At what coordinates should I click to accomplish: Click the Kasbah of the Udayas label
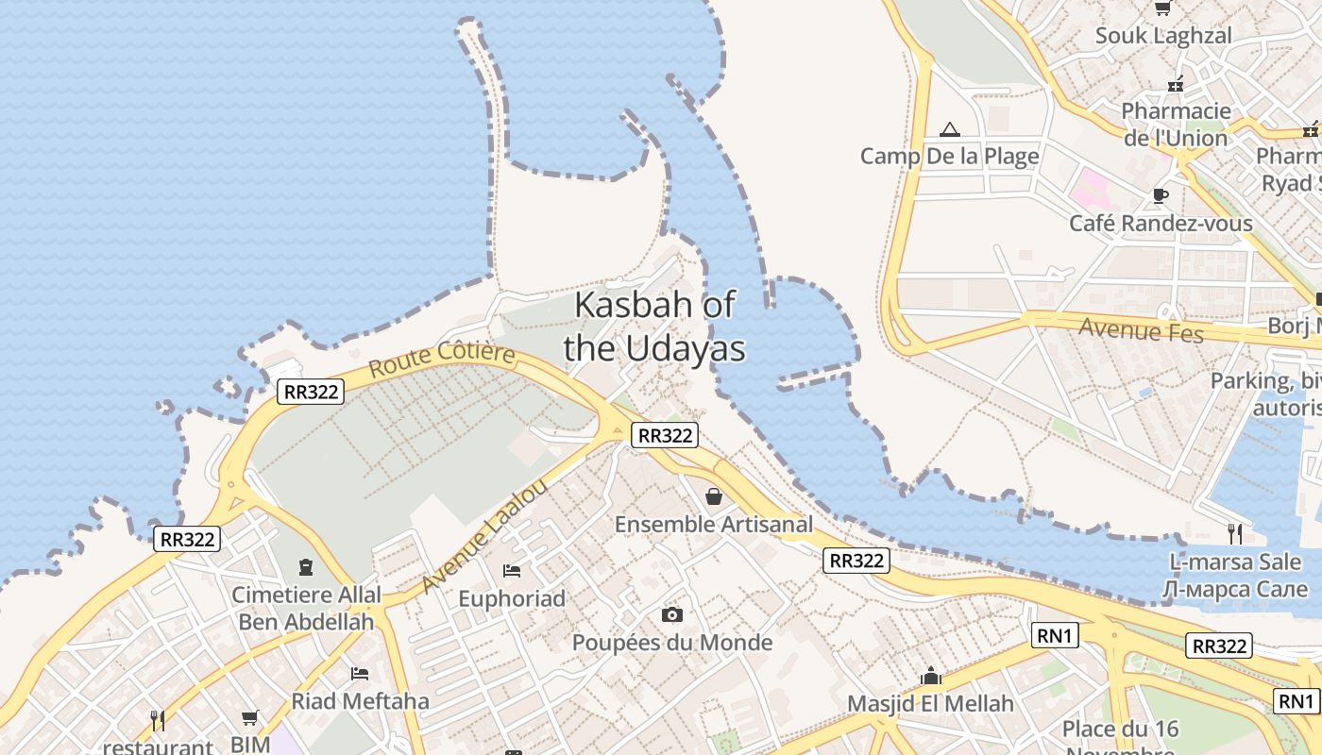[x=654, y=327]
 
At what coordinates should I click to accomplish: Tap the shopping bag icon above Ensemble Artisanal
[x=715, y=495]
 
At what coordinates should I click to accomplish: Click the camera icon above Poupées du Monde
[x=671, y=615]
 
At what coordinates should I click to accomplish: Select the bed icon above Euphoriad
[x=512, y=570]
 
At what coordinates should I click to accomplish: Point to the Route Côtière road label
[x=442, y=360]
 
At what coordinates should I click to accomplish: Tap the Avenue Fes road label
[x=1141, y=330]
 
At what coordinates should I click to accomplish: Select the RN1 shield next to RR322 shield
[x=1056, y=636]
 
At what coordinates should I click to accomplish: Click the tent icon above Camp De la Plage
[x=950, y=129]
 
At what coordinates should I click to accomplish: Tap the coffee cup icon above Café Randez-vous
[x=1161, y=196]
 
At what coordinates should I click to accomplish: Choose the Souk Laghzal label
[x=1163, y=36]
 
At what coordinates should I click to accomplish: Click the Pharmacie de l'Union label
[x=1176, y=125]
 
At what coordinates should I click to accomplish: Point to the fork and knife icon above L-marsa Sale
[x=1235, y=533]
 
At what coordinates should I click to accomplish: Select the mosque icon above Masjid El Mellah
[x=931, y=676]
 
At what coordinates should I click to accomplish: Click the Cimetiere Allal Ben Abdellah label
[x=307, y=608]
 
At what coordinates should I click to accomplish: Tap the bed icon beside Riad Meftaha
[x=360, y=673]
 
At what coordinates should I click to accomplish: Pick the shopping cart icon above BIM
[x=249, y=718]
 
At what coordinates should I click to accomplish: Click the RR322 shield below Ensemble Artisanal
[x=856, y=561]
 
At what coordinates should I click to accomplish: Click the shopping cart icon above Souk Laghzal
[x=1163, y=8]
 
